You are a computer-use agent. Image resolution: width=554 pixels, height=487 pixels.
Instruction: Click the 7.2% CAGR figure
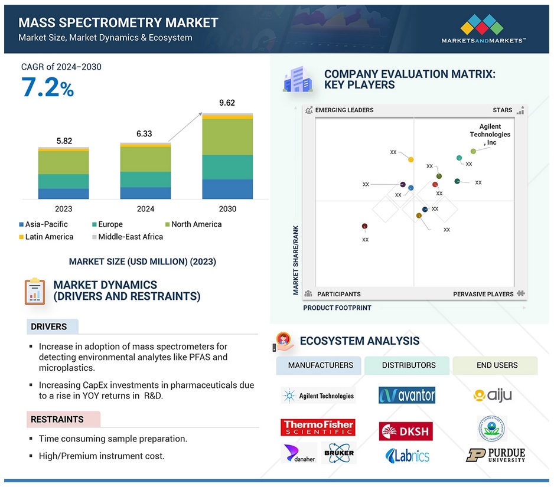click(48, 87)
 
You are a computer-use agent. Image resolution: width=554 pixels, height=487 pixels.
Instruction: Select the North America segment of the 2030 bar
click(227, 137)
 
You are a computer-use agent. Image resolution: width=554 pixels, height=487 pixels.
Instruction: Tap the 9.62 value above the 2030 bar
click(227, 103)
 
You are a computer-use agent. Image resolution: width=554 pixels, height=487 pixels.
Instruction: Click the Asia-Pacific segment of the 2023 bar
click(64, 194)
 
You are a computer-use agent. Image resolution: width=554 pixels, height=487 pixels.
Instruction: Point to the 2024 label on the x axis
click(145, 209)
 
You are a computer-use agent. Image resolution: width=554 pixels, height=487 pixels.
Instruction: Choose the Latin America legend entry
click(46, 237)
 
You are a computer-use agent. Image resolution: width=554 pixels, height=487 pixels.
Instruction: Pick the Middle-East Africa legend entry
click(128, 237)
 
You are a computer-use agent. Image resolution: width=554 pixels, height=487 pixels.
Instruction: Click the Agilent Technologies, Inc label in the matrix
click(490, 134)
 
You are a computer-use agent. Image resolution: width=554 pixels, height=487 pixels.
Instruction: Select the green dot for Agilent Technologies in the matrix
click(473, 151)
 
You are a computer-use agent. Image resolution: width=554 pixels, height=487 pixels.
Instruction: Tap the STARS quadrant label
click(503, 110)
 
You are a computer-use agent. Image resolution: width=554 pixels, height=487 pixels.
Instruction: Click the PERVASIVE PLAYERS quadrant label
click(483, 294)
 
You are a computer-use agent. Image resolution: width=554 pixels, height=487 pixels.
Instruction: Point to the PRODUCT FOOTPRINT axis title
click(337, 308)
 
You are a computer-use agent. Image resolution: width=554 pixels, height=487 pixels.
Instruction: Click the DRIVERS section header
click(49, 326)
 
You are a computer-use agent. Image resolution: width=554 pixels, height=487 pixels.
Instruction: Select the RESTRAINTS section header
click(57, 419)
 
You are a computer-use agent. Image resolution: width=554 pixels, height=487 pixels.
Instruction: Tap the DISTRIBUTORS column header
click(409, 365)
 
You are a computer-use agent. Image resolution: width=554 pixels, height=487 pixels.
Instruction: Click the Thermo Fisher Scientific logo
click(318, 427)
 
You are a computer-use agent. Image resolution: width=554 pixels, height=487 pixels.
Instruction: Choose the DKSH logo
click(406, 431)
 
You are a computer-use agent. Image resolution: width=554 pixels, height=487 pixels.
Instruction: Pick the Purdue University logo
click(496, 455)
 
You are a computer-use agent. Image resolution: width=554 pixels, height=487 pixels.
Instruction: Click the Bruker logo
click(339, 453)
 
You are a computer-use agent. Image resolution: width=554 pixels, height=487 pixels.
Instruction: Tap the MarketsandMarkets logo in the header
click(483, 29)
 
